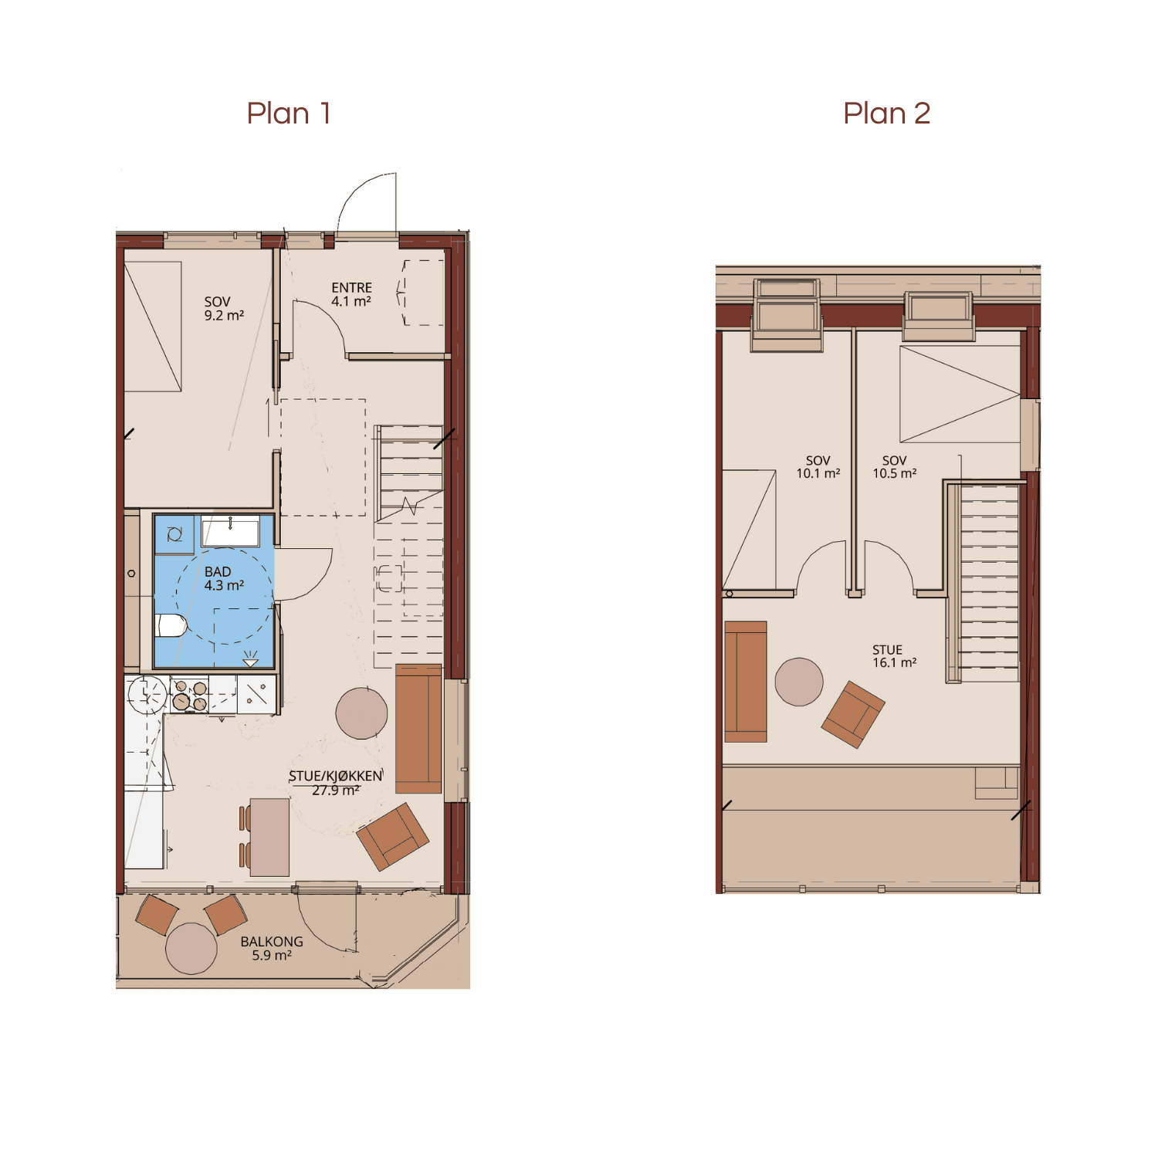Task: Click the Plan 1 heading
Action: [x=289, y=113]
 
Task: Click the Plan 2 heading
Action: [x=886, y=113]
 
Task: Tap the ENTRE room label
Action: [x=351, y=294]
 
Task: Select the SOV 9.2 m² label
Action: [x=224, y=309]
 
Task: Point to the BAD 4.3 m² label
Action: [x=223, y=578]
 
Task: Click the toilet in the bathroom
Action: [x=171, y=625]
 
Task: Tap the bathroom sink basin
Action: [x=230, y=532]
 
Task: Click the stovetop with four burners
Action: [x=189, y=695]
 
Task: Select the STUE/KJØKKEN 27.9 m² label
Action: [x=335, y=783]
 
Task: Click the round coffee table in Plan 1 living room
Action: [x=361, y=713]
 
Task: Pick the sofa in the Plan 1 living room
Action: [x=418, y=729]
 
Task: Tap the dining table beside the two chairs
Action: [x=269, y=837]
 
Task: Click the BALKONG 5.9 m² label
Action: [x=272, y=948]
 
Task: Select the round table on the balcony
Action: [x=191, y=948]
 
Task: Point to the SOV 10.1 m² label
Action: [x=818, y=467]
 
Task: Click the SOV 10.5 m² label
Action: [x=895, y=467]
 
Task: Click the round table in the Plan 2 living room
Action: [x=799, y=682]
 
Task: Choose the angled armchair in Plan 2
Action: [x=853, y=714]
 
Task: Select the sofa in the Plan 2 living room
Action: [x=746, y=682]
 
